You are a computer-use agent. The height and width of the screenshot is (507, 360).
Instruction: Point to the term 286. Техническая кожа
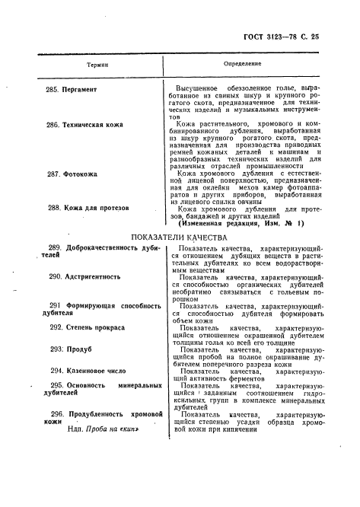(86, 124)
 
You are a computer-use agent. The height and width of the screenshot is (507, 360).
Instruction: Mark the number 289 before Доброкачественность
(55, 249)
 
